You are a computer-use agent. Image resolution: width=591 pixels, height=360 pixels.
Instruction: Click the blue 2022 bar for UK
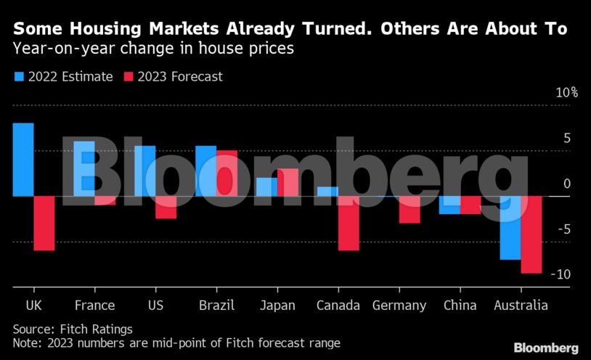(23, 159)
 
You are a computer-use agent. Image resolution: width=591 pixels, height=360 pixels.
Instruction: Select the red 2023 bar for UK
(44, 223)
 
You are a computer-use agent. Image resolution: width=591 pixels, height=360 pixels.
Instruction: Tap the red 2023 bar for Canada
(349, 223)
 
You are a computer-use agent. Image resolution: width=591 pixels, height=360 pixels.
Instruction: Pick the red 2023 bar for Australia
(531, 234)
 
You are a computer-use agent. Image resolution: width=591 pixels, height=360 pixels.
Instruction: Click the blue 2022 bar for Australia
(510, 227)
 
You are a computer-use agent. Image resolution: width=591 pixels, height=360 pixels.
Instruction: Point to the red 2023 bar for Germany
(409, 209)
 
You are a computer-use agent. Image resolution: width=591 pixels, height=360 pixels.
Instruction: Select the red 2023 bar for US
(166, 207)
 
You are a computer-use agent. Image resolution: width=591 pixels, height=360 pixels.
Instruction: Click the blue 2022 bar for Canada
(328, 191)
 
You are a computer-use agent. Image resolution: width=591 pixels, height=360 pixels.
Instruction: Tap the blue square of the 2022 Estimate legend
(18, 76)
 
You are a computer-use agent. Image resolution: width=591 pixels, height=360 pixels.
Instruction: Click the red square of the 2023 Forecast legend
(129, 76)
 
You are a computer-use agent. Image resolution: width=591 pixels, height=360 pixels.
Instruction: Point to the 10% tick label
(566, 92)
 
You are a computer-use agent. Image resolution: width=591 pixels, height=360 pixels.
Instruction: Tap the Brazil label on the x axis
(216, 305)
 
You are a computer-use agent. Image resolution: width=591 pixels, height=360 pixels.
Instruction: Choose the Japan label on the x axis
(277, 305)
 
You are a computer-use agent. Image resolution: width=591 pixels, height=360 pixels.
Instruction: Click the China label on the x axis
(460, 305)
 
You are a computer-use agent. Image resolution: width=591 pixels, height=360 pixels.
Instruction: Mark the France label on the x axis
(94, 305)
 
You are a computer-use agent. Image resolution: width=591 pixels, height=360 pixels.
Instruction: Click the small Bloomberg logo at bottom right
(546, 347)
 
